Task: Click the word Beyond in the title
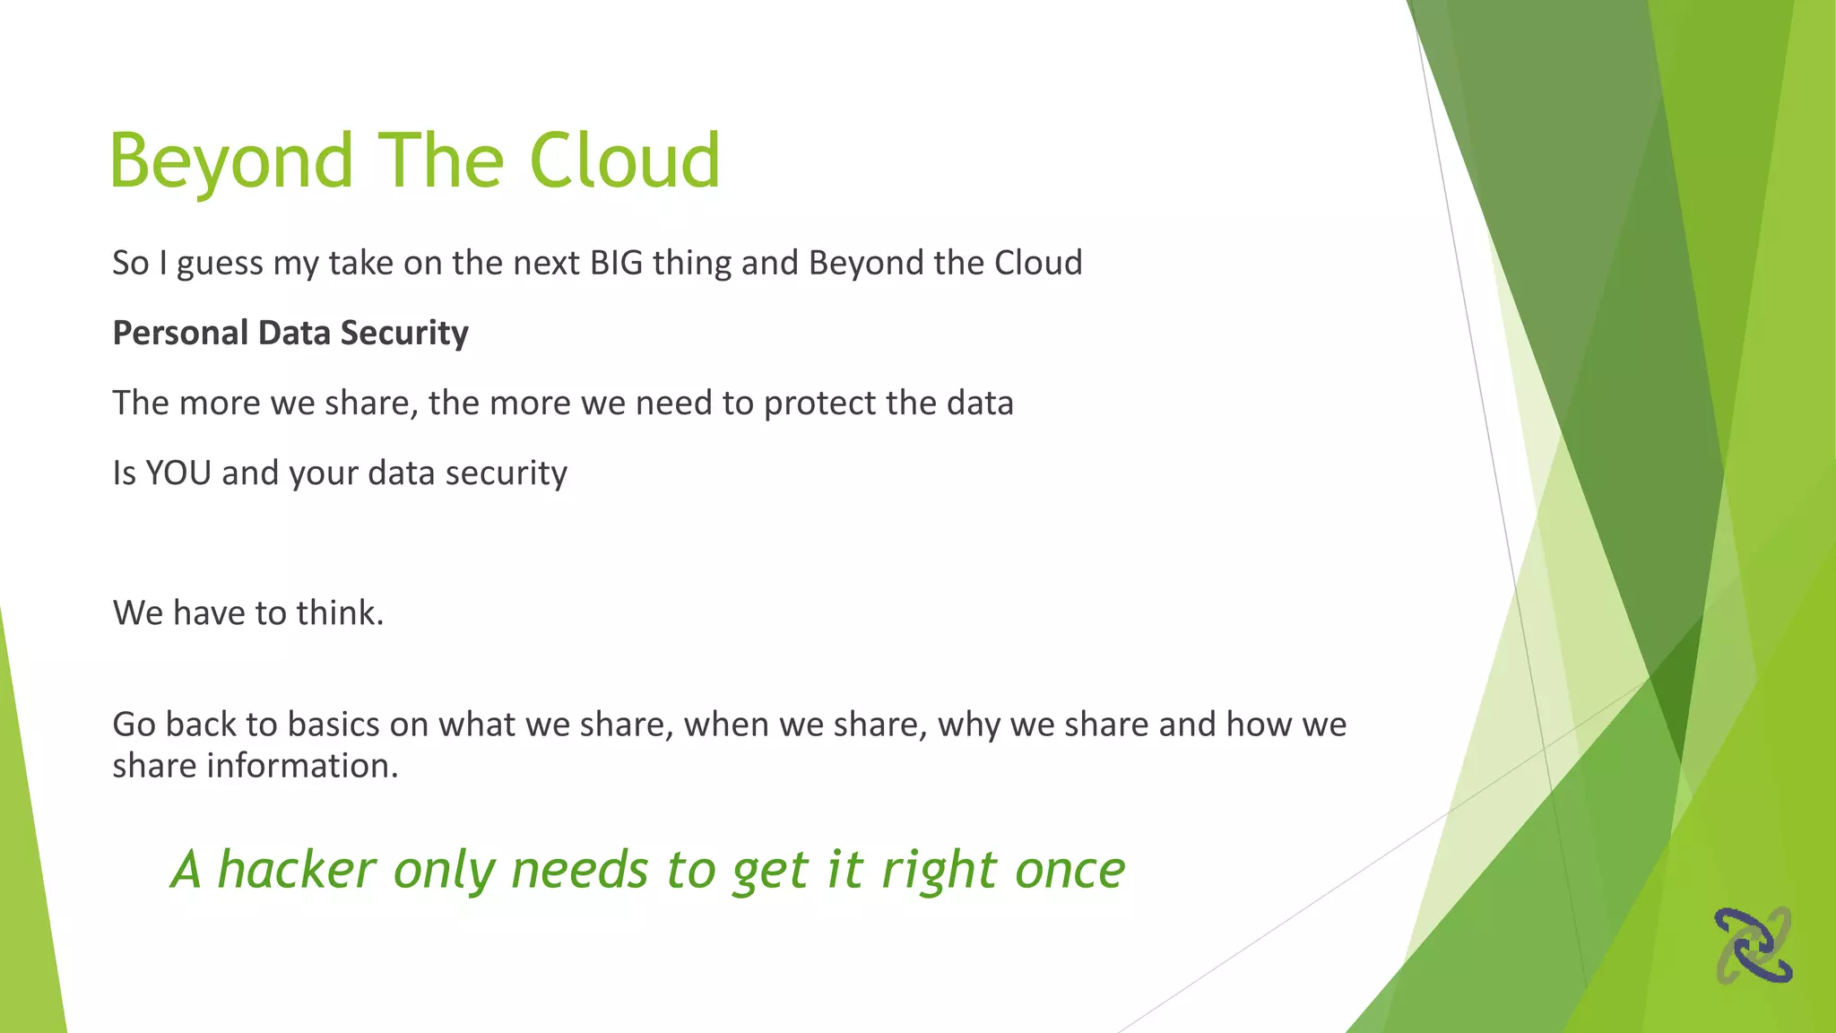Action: pyautogui.click(x=231, y=161)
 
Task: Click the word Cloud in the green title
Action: pyautogui.click(x=625, y=161)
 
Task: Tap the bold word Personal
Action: pyautogui.click(x=180, y=333)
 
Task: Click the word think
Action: pyautogui.click(x=340, y=613)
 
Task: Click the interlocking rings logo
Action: pyautogui.click(x=1753, y=945)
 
